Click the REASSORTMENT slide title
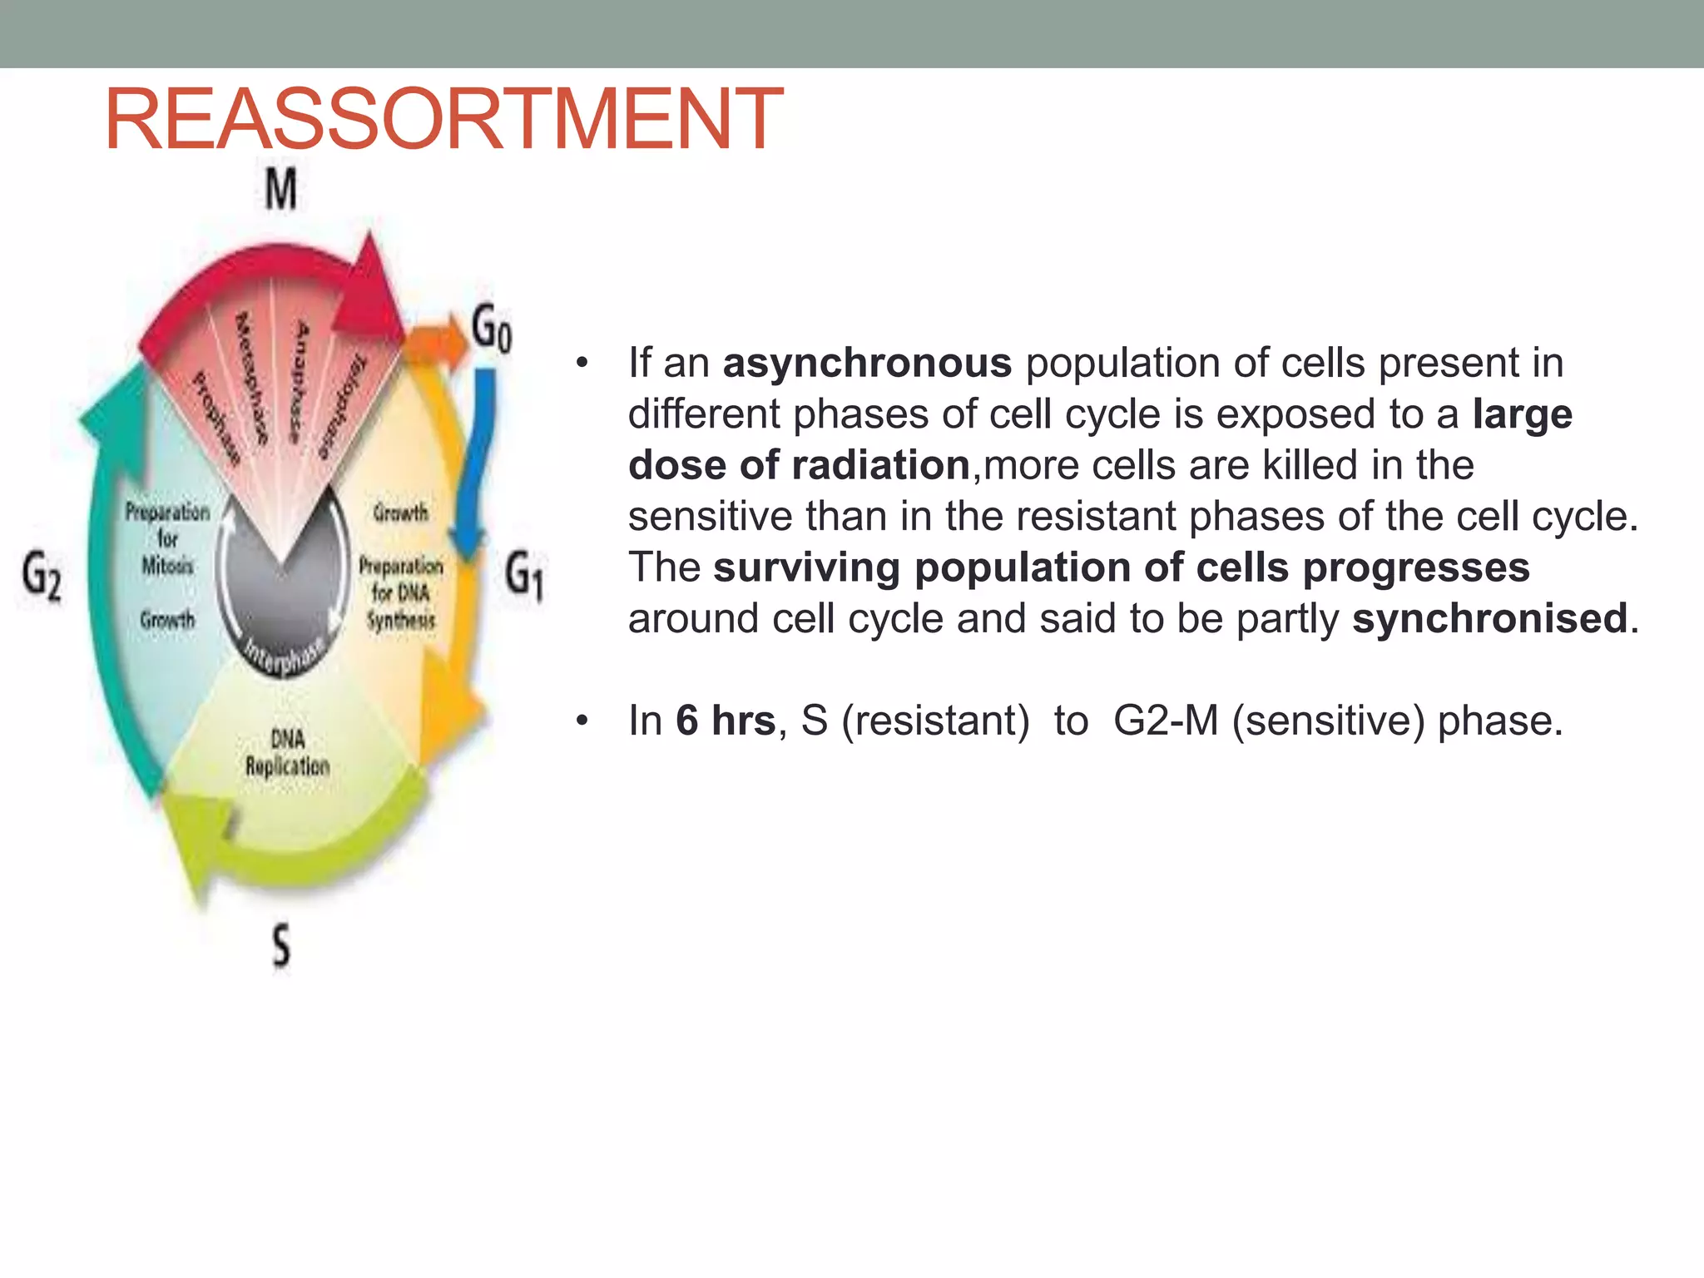click(x=443, y=120)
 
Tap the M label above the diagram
click(x=280, y=190)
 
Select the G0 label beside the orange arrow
click(x=492, y=329)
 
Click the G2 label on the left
click(x=42, y=576)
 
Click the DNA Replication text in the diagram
click(x=287, y=753)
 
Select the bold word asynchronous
click(x=867, y=364)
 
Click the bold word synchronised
click(x=1489, y=619)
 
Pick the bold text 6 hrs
click(x=726, y=721)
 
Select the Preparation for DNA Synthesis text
click(x=400, y=592)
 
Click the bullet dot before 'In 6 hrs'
click(x=582, y=721)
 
